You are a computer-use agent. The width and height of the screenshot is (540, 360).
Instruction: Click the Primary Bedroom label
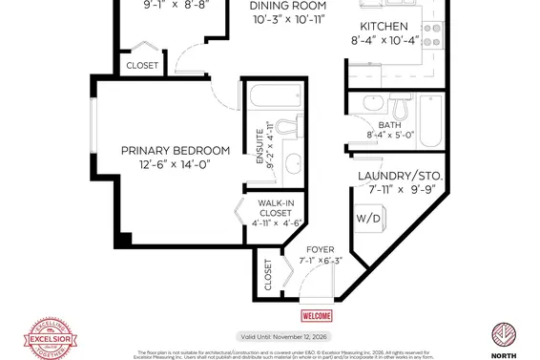(x=176, y=151)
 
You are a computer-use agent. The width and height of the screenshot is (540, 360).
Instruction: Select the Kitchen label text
(x=384, y=26)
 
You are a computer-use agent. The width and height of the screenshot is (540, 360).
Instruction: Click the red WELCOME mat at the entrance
(x=317, y=316)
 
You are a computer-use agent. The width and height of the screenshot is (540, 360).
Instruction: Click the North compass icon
(x=504, y=337)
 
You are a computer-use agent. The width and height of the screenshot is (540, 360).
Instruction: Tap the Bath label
(x=389, y=125)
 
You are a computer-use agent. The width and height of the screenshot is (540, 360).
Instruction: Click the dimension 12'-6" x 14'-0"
(x=176, y=165)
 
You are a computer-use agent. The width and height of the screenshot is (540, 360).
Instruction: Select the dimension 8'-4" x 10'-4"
(x=384, y=41)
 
